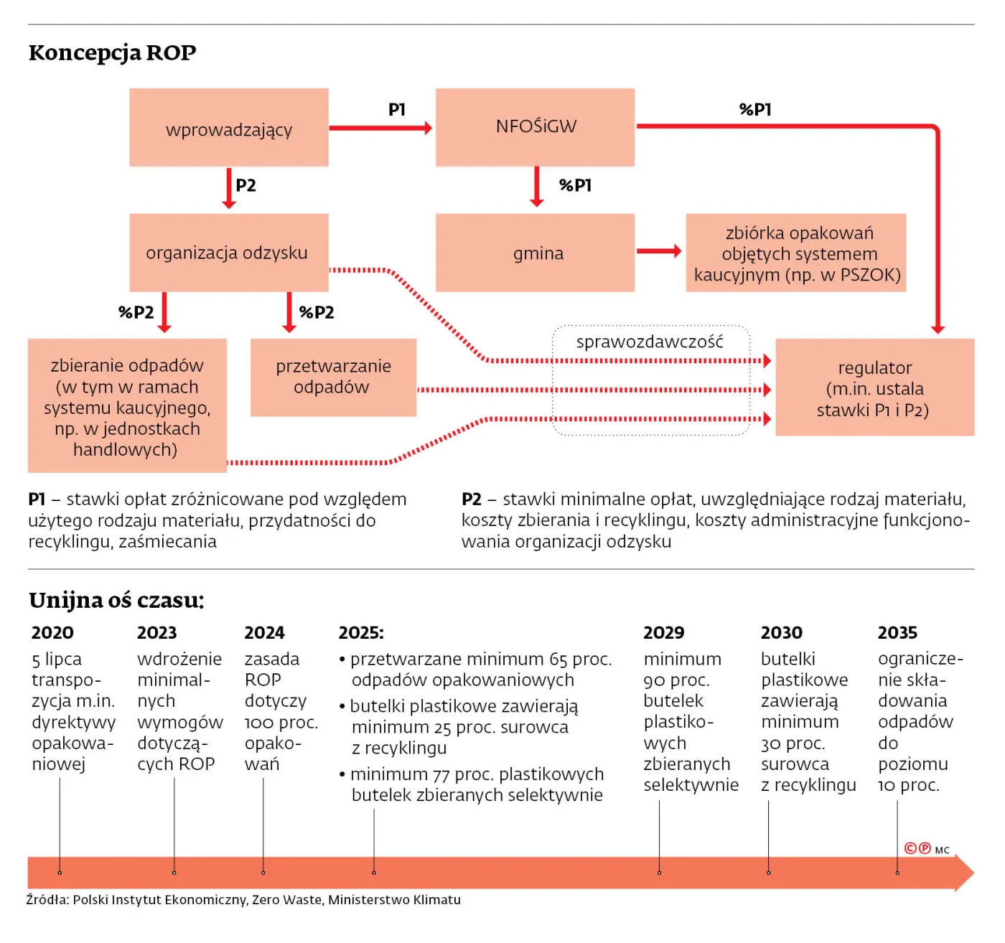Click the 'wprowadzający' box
point(228,128)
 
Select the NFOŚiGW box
point(535,127)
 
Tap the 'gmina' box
point(535,253)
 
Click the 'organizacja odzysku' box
point(228,253)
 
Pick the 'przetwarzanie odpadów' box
point(333,377)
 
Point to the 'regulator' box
point(874,388)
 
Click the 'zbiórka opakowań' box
point(795,253)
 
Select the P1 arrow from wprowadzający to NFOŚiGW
point(380,128)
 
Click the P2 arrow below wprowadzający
point(229,188)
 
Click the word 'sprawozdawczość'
point(650,342)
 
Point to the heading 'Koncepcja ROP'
point(113,53)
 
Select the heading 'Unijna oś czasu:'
point(116,600)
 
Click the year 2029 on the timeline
point(663,633)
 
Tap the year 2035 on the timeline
point(897,633)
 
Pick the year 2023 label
point(156,633)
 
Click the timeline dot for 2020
point(60,873)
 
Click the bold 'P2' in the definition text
point(472,499)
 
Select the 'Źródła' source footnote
point(243,900)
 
